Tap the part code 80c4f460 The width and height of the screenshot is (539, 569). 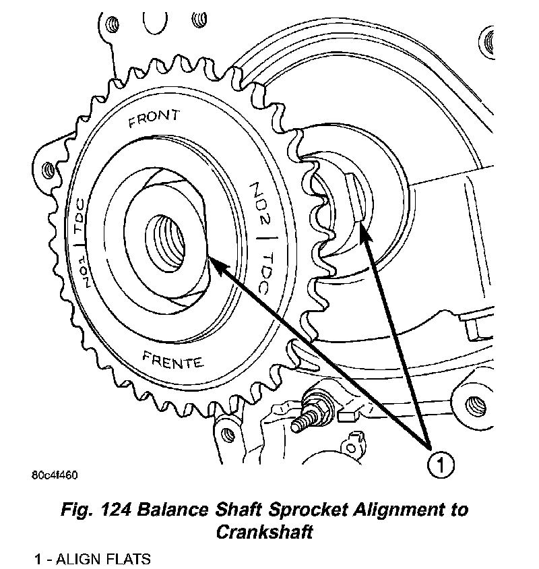point(55,475)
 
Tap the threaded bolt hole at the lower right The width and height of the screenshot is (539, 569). point(479,405)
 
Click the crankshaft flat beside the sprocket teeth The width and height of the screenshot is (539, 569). point(354,196)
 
